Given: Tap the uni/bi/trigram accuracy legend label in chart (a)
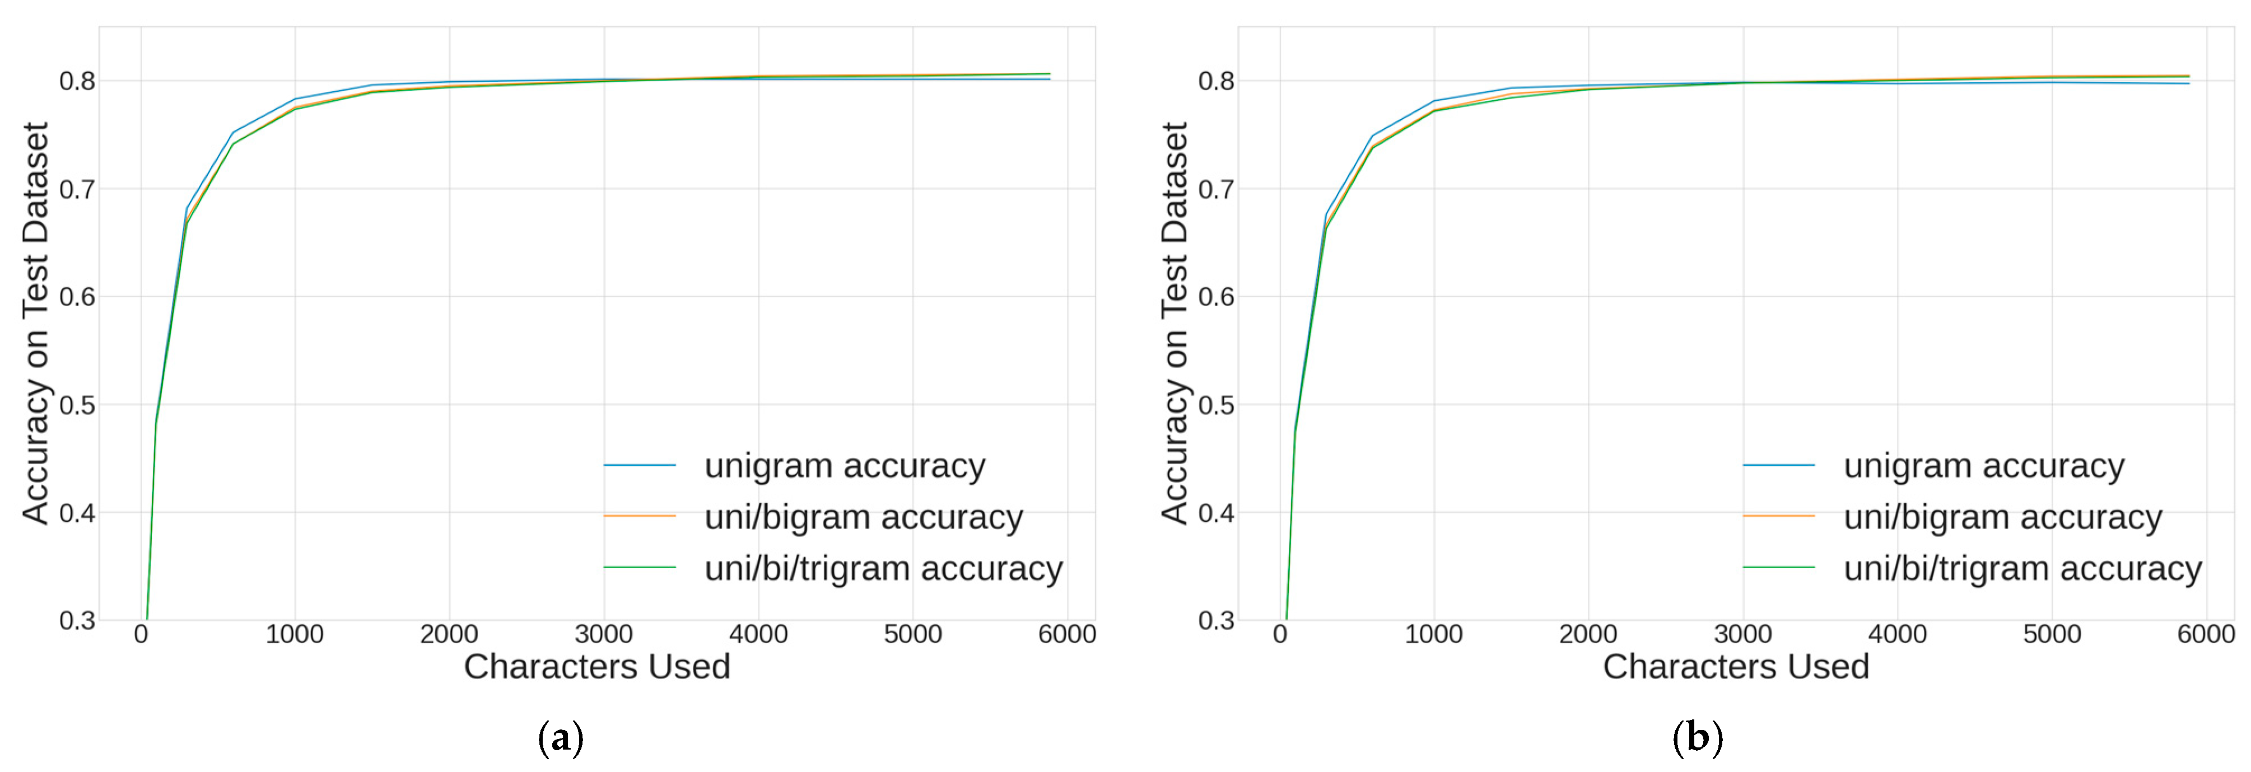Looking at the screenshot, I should tap(883, 569).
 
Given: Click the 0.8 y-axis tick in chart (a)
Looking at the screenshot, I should tap(77, 81).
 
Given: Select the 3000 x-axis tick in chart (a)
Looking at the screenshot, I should tap(604, 634).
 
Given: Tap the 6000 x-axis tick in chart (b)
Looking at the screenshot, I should tap(2206, 634).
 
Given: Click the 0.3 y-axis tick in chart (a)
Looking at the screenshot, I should tap(77, 620).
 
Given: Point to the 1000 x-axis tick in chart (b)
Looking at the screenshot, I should tap(1433, 634).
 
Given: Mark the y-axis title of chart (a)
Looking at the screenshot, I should tap(36, 323).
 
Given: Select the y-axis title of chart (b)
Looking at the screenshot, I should tap(1175, 323).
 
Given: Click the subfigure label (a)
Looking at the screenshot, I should tap(560, 738).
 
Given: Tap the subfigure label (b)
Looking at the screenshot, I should tap(1697, 738).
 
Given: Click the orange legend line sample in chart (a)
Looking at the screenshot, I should tap(640, 516).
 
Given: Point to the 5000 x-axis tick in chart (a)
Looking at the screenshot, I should tap(912, 634).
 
